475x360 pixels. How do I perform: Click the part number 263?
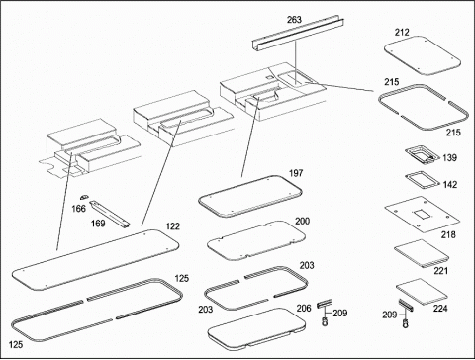(x=294, y=20)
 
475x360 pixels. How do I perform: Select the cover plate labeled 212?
(x=423, y=55)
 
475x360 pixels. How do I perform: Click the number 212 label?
(x=402, y=32)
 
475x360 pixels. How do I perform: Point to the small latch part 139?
(x=422, y=155)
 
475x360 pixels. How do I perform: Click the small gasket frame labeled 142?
(x=423, y=180)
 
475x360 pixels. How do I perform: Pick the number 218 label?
(x=448, y=234)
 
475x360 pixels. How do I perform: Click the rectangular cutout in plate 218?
(x=423, y=215)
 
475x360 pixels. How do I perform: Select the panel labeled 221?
(x=422, y=253)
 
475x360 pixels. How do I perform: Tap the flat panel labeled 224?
(x=422, y=292)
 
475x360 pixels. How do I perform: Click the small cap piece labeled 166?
(x=84, y=197)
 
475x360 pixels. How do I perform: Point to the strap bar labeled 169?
(x=111, y=215)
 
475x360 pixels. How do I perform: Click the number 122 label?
(x=173, y=226)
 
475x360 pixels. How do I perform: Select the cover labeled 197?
(x=250, y=197)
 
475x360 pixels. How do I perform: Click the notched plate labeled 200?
(x=256, y=240)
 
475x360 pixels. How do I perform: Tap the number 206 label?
(x=304, y=309)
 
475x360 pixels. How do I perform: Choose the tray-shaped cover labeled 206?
(x=257, y=327)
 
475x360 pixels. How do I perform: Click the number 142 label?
(x=450, y=184)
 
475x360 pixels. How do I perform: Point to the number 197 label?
(x=296, y=173)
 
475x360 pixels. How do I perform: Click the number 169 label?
(x=98, y=224)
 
